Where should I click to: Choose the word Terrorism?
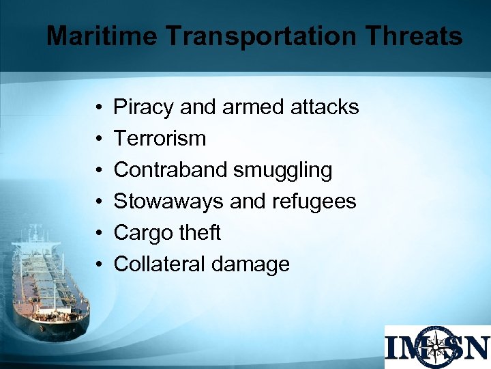click(x=160, y=138)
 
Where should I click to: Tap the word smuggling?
click(x=282, y=170)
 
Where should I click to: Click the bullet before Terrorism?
click(x=99, y=139)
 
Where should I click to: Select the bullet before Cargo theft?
click(x=99, y=233)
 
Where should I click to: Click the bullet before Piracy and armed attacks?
click(x=99, y=107)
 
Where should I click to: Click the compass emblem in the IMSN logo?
click(x=437, y=346)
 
